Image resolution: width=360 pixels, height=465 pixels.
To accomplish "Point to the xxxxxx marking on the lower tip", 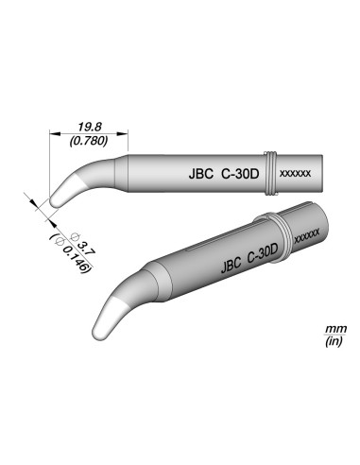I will (309, 234).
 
